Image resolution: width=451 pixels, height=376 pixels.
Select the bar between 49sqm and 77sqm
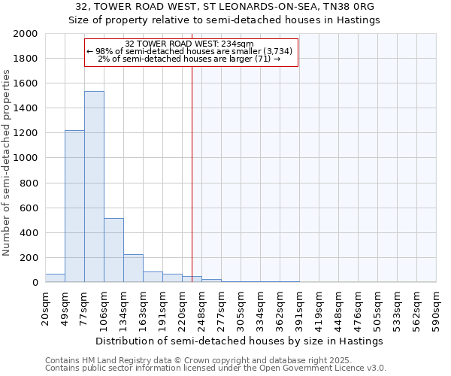[x=74, y=206]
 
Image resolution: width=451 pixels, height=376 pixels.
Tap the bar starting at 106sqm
[x=114, y=250]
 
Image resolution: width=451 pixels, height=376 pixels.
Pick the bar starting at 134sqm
[x=133, y=268]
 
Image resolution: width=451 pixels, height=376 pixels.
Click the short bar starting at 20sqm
[x=55, y=277]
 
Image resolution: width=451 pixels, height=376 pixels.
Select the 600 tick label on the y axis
[x=29, y=208]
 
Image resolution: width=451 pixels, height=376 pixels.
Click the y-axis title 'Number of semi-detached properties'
[x=8, y=162]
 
